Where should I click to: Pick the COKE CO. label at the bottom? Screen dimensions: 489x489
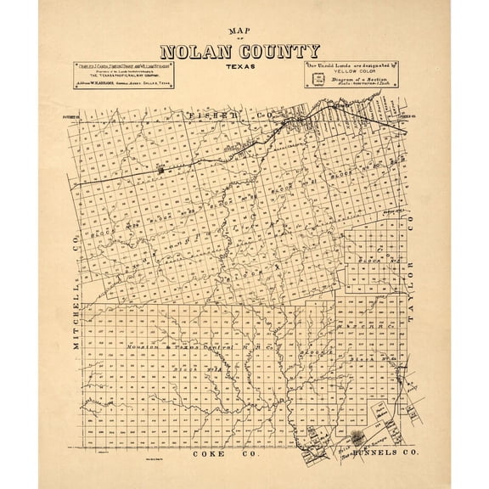[215, 455]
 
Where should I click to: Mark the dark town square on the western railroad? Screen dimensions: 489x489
[160, 170]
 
